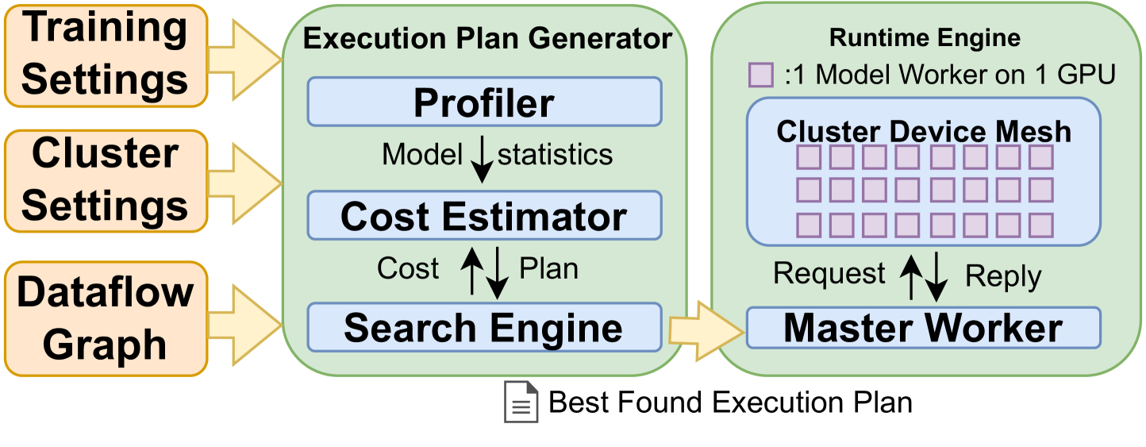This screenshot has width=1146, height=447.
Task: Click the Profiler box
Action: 484,102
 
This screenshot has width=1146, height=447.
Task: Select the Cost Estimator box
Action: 484,216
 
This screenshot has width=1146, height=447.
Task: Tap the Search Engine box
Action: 484,327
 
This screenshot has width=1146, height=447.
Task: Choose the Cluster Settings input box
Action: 105,180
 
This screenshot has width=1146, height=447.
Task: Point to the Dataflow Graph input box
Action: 105,318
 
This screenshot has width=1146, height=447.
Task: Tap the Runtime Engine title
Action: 925,37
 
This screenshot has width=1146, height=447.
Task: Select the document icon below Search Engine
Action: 521,402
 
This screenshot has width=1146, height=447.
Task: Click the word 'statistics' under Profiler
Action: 555,154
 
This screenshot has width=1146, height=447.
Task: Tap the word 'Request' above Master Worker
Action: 829,274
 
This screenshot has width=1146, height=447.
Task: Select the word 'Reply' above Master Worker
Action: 1003,276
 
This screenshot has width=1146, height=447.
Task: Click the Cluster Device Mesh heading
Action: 924,131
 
